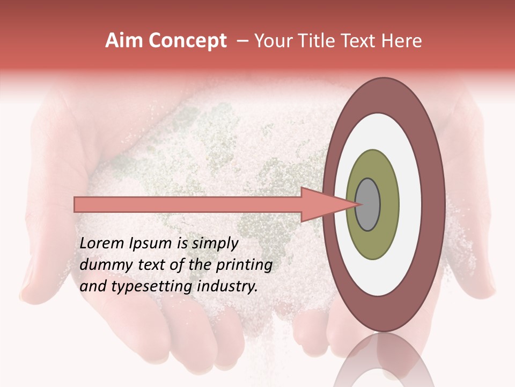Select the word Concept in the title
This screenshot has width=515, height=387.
tap(188, 41)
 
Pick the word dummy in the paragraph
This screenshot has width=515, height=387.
tap(100, 265)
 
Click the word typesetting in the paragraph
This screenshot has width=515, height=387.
tap(144, 286)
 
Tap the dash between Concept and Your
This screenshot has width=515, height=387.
tap(242, 41)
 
